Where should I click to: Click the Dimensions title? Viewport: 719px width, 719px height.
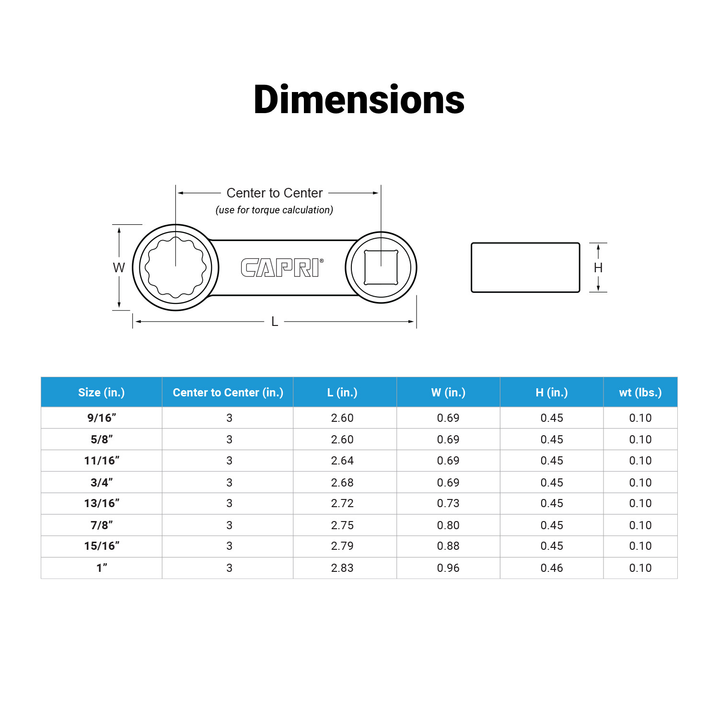(359, 100)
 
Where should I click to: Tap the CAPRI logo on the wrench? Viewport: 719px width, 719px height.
(282, 267)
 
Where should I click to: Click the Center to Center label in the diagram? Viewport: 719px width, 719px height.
(275, 193)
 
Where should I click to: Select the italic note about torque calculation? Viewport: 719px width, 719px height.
(274, 210)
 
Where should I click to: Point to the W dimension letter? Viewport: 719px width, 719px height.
(119, 267)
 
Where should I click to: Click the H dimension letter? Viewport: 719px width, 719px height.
(598, 267)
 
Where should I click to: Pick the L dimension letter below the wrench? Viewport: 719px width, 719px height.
(275, 321)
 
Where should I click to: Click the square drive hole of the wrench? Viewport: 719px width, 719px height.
(381, 267)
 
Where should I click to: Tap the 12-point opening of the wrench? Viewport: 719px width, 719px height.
(175, 267)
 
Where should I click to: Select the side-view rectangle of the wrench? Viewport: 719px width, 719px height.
(525, 267)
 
